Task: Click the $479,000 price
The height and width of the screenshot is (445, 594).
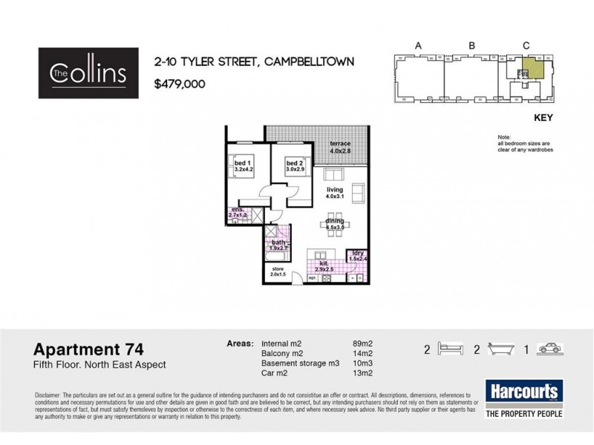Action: pos(179,84)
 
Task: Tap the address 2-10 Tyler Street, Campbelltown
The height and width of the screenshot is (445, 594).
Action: pos(253,62)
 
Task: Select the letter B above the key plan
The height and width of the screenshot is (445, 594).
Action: pos(471,46)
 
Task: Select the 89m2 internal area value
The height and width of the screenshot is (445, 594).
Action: pos(362,344)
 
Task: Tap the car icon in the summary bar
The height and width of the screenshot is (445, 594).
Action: pos(548,348)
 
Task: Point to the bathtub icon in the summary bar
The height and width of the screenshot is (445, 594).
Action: pos(501,348)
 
